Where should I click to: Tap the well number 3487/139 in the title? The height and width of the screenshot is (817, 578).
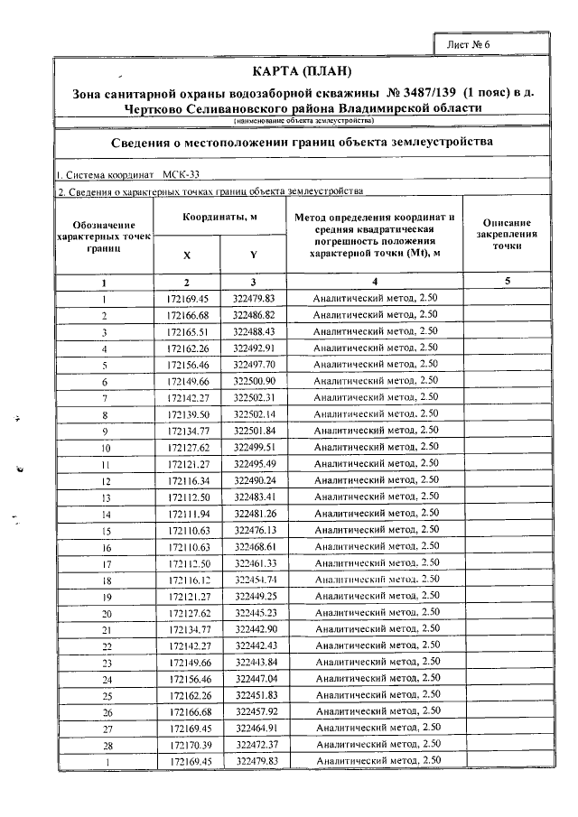tap(422, 92)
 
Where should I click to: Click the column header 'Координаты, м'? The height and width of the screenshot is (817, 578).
tap(220, 218)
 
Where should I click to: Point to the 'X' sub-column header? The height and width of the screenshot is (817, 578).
tap(187, 255)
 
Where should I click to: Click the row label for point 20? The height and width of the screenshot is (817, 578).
tap(106, 613)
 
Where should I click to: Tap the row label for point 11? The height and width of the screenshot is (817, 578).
tap(106, 464)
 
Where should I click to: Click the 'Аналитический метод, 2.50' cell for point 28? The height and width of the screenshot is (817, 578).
tap(375, 746)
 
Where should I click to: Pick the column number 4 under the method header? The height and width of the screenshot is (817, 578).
tap(375, 282)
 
